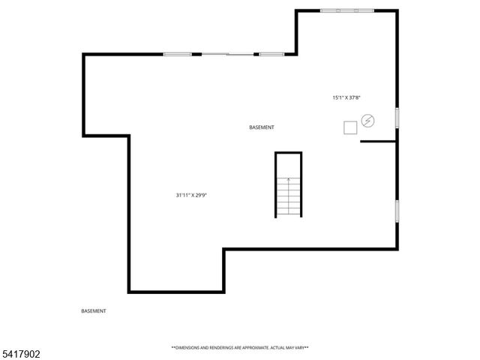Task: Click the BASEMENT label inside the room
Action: point(261,127)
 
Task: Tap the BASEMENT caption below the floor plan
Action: point(93,310)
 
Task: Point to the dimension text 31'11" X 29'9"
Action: point(191,195)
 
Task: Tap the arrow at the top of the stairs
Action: point(288,181)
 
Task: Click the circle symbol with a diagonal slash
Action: point(367,120)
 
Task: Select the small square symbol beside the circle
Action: point(350,127)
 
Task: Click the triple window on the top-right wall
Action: point(347,10)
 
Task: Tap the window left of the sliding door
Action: point(178,54)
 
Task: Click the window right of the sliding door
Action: point(271,54)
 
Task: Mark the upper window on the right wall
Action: point(396,118)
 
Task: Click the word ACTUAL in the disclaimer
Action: point(275,348)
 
